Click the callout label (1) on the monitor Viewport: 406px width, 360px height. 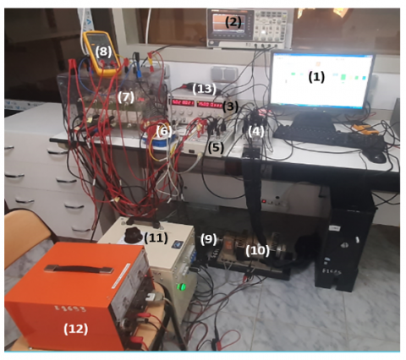[x=316, y=77]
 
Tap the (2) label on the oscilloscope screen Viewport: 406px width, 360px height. [x=233, y=22]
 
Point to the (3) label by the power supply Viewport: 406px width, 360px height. [x=230, y=106]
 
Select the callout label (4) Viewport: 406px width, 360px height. [x=256, y=132]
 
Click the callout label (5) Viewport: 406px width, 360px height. [x=216, y=147]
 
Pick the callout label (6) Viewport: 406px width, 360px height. [x=164, y=131]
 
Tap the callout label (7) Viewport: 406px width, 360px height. [x=126, y=97]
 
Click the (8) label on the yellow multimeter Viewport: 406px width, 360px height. [x=103, y=52]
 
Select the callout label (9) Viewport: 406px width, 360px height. [x=208, y=239]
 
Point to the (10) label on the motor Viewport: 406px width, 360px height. [x=257, y=250]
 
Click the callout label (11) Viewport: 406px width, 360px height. [x=156, y=238]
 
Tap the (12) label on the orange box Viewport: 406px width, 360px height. [x=75, y=329]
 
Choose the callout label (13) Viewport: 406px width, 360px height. [x=205, y=89]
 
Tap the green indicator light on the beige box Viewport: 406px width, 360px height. [x=181, y=287]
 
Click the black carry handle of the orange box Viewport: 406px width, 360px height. [x=79, y=269]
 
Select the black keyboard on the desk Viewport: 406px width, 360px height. [x=328, y=137]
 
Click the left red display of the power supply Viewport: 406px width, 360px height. [x=183, y=102]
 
